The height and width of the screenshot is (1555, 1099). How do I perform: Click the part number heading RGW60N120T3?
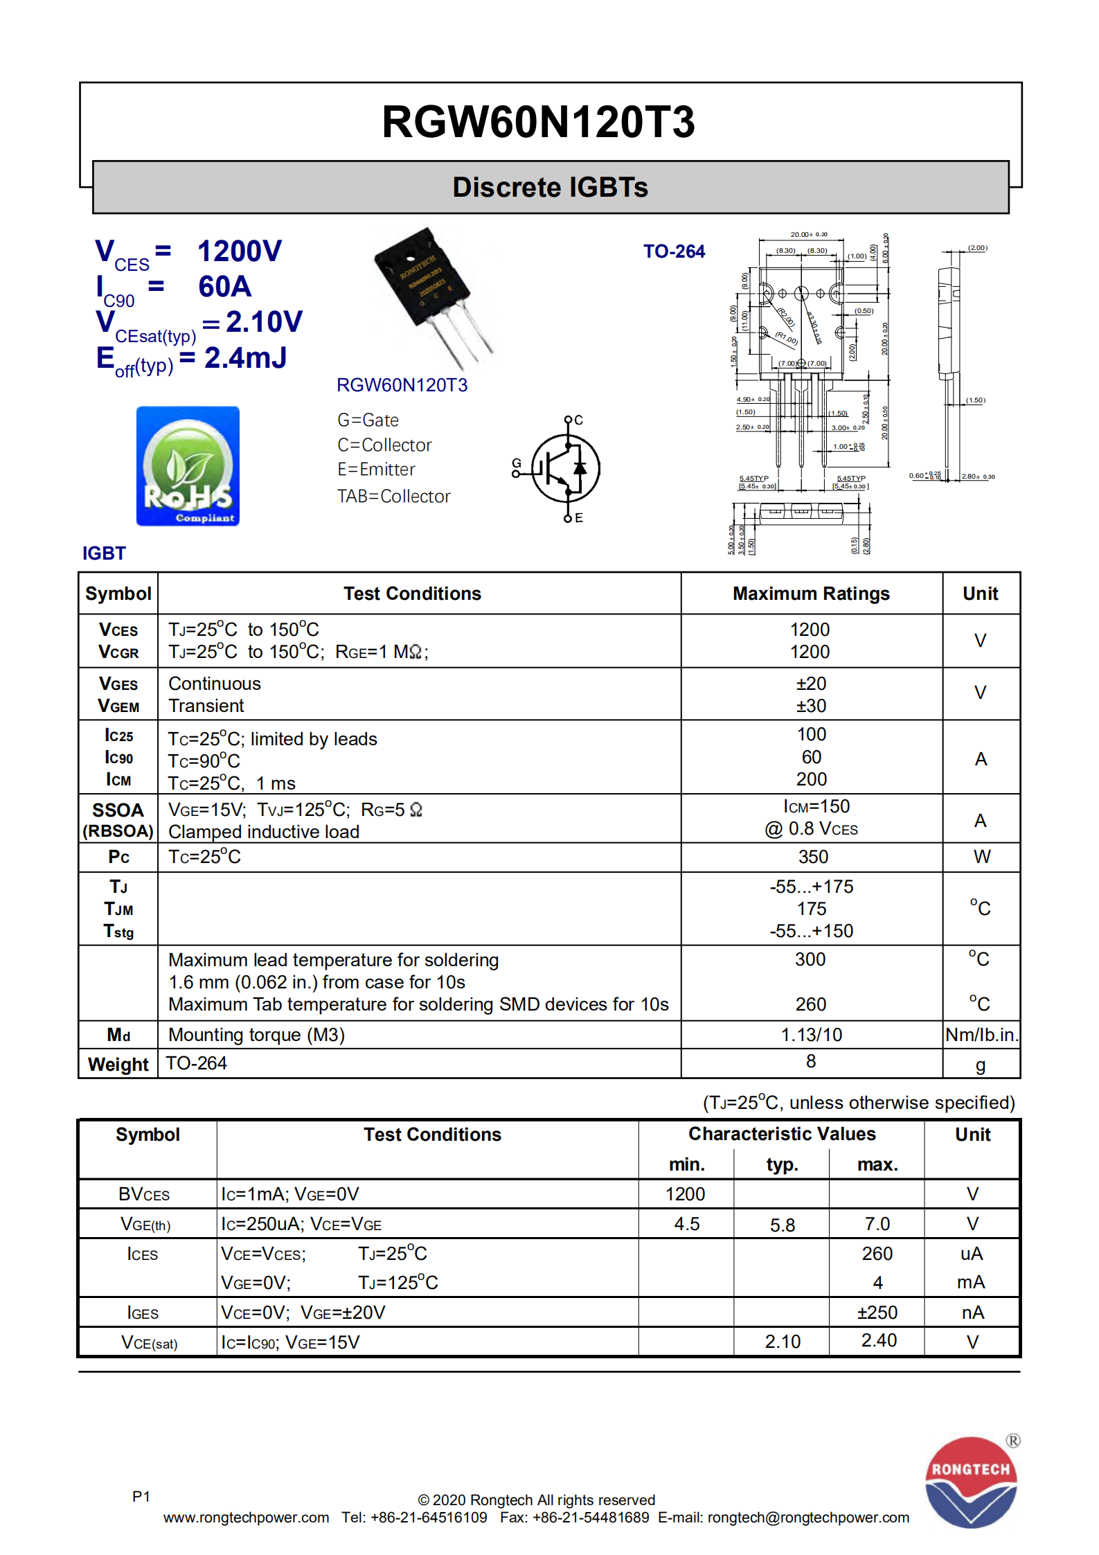[x=538, y=122]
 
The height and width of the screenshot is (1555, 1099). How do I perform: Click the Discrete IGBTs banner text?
[x=550, y=188]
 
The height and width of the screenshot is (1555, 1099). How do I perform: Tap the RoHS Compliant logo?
[x=188, y=466]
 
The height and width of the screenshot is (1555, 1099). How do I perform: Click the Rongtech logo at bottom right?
[x=971, y=1482]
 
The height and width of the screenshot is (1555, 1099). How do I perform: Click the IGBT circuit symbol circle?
[x=565, y=469]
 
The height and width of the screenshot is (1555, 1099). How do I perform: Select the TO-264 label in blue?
[x=673, y=251]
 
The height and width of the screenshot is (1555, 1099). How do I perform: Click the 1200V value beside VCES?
[x=240, y=251]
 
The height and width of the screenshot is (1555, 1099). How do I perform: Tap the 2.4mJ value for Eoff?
[x=245, y=358]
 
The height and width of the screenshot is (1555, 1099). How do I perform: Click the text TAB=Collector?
[x=393, y=497]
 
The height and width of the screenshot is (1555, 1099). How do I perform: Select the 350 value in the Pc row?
[x=812, y=857]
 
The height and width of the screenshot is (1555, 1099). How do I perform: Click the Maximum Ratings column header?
[x=811, y=594]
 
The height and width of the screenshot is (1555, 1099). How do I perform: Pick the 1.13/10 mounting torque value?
[x=811, y=1035]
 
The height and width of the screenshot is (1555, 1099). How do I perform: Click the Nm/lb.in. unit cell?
[x=981, y=1035]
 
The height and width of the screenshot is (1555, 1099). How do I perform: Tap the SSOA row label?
[x=118, y=810]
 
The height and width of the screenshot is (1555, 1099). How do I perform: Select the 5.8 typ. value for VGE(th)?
[x=782, y=1225]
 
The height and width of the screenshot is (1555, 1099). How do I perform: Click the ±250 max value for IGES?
[x=877, y=1313]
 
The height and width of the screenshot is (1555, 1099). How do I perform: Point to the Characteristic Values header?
[x=782, y=1134]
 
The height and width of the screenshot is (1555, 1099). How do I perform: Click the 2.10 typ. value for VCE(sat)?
[x=782, y=1342]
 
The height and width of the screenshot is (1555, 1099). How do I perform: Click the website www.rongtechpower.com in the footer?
[x=246, y=1518]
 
